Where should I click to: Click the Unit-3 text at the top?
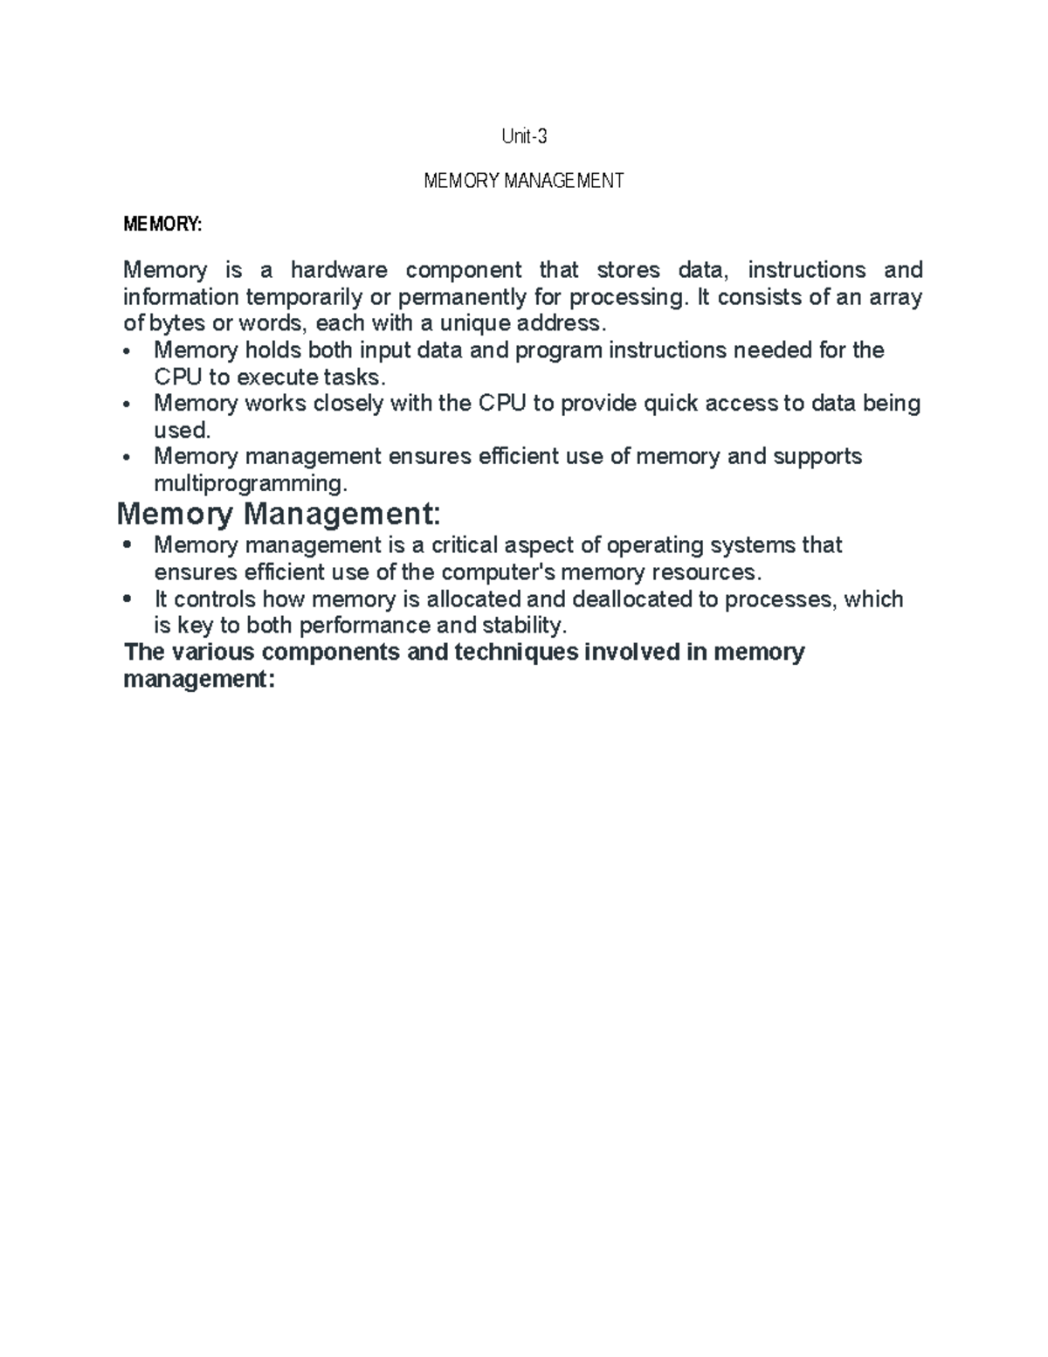524,136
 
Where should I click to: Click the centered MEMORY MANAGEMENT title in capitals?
524,181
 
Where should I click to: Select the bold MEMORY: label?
162,225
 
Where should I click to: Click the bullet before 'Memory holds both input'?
128,351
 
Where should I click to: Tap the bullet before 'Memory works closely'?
128,405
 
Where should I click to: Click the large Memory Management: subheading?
279,513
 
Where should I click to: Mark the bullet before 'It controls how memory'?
128,599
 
